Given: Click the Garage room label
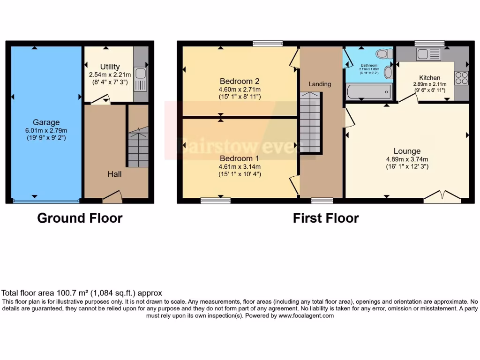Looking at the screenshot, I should coord(46,122).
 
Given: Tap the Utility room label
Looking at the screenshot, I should coord(110,67).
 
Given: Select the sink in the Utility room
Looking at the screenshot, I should coord(141,79).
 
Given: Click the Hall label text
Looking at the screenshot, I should coord(114,174).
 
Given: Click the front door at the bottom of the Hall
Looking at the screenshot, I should coord(112,197).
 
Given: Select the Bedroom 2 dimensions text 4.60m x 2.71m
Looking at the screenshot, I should coord(240,90).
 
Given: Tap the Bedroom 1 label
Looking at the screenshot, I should coord(240,158).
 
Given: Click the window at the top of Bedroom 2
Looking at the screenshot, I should coord(268,44).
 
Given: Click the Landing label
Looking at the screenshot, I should coord(320,84).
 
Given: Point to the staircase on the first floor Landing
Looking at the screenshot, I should coord(310,123).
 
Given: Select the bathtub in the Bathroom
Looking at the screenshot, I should coord(368,92).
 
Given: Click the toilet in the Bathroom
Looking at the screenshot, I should coord(384,54).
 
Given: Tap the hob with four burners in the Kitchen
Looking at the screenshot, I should coord(461,78).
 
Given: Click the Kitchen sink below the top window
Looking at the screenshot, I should coord(429,53).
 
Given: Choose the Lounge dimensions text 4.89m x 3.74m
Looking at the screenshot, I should coord(407,159).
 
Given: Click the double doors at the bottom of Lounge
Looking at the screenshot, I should coord(443,196).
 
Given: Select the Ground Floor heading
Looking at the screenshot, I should coord(80,218).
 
